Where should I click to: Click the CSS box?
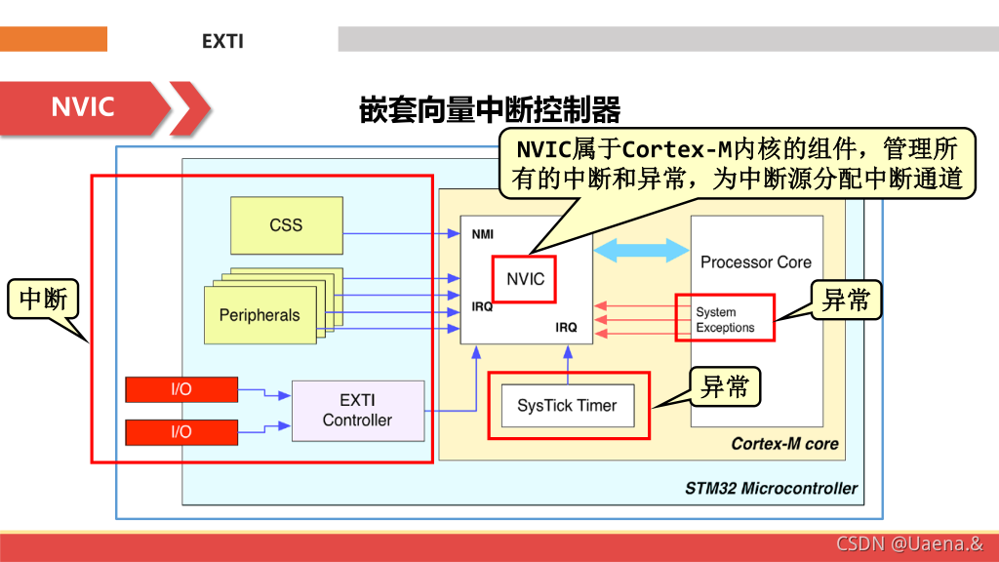[286, 225]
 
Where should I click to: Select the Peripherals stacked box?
[260, 315]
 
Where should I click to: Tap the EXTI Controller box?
[357, 411]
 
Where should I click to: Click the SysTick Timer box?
[567, 406]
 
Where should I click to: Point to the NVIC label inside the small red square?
[525, 279]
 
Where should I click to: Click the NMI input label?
[483, 235]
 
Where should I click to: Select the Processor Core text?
[755, 262]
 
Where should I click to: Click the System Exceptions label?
[725, 320]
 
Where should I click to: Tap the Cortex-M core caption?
[784, 444]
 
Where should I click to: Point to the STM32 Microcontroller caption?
[771, 488]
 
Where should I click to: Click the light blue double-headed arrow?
[642, 250]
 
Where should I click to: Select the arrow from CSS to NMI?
[401, 233]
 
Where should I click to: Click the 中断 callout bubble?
[43, 300]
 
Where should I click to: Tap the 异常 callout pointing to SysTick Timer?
[725, 387]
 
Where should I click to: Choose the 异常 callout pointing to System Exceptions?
[846, 301]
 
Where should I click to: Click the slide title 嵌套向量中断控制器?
[490, 109]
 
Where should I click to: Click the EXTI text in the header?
[222, 41]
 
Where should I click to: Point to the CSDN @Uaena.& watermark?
[909, 543]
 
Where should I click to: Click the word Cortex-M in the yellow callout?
[675, 149]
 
